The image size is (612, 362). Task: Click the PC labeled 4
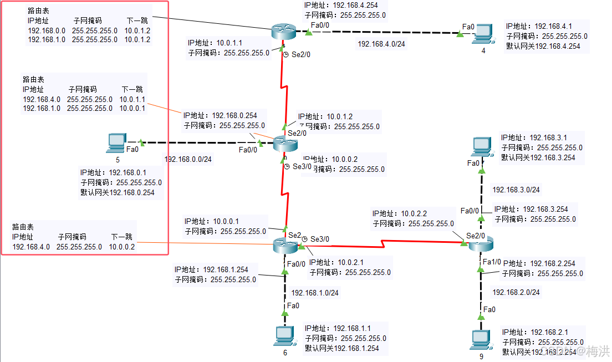pyautogui.click(x=482, y=34)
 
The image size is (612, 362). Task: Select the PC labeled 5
pyautogui.click(x=117, y=143)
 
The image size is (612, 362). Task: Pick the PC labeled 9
pyautogui.click(x=480, y=339)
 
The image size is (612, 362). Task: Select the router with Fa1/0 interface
pyautogui.click(x=480, y=243)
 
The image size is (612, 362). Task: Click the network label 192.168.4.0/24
pyautogui.click(x=382, y=44)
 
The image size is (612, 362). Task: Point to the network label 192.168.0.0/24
pyautogui.click(x=188, y=160)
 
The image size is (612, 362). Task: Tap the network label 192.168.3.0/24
pyautogui.click(x=516, y=190)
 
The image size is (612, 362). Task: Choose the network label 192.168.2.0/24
pyautogui.click(x=516, y=292)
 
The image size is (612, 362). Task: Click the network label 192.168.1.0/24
pyautogui.click(x=314, y=293)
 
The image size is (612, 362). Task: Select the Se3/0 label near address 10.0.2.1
pyautogui.click(x=319, y=239)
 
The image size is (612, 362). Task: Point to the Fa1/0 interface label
pyautogui.click(x=492, y=262)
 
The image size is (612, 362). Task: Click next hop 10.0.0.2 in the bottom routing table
pyautogui.click(x=122, y=247)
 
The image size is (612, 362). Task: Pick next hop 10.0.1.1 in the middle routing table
pyautogui.click(x=132, y=99)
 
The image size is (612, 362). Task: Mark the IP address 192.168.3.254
pyautogui.click(x=549, y=210)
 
